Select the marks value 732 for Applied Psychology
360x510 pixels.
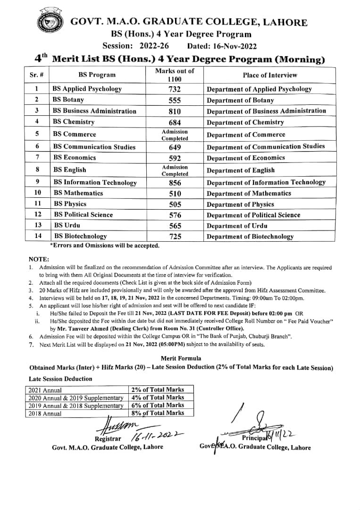pyautogui.click(x=175, y=89)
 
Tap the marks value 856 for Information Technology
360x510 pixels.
pyautogui.click(x=175, y=183)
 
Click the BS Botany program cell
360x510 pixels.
pyautogui.click(x=68, y=100)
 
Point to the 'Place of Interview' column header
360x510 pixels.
pyautogui.click(x=270, y=75)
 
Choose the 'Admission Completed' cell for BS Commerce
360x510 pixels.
pyautogui.click(x=175, y=135)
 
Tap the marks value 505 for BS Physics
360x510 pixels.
pyautogui.click(x=175, y=204)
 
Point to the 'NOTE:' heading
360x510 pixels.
pyautogui.click(x=39, y=259)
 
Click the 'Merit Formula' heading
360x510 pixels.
pyautogui.click(x=181, y=358)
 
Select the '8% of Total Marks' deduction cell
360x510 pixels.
pyautogui.click(x=158, y=413)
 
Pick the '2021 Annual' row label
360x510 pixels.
pyautogui.click(x=45, y=391)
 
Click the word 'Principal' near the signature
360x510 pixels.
pyautogui.click(x=255, y=438)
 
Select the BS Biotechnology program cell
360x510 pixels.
pyautogui.click(x=80, y=236)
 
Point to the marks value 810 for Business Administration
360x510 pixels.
pyautogui.click(x=175, y=111)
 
